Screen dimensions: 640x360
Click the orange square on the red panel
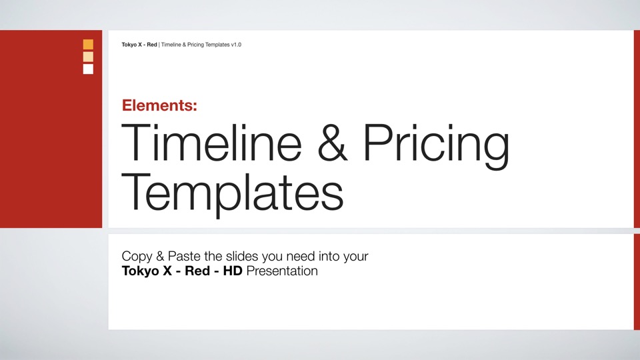click(88, 44)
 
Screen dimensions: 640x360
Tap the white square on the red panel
click(88, 69)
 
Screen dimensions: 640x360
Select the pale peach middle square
click(88, 57)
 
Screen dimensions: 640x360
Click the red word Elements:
click(159, 105)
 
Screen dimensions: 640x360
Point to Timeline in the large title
click(211, 143)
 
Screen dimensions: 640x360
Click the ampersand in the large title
click(333, 143)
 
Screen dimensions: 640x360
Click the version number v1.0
click(236, 45)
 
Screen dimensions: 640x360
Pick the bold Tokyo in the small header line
click(129, 45)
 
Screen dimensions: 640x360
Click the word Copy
click(137, 257)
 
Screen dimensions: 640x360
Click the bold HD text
click(233, 271)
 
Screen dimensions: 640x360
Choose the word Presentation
click(282, 271)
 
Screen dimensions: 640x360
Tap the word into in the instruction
click(329, 256)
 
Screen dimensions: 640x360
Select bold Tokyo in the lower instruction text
click(140, 271)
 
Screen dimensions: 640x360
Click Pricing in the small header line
click(196, 45)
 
